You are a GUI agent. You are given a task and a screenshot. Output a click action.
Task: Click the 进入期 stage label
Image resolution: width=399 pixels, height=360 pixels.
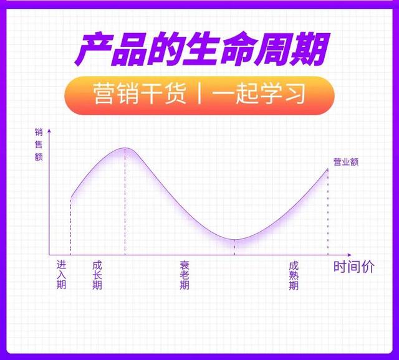click(61, 275)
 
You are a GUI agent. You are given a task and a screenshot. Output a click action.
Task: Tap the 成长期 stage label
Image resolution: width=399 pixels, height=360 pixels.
click(97, 275)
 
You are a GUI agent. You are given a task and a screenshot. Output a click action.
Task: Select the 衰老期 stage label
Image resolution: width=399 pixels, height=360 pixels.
click(185, 275)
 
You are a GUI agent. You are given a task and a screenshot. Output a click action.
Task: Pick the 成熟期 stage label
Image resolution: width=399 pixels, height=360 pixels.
click(294, 276)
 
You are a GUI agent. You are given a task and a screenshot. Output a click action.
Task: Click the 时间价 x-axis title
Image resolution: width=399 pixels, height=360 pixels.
click(354, 267)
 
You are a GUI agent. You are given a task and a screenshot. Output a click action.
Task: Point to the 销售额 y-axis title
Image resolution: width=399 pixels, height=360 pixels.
click(39, 144)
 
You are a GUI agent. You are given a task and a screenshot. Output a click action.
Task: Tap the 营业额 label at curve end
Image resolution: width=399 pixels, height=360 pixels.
click(346, 162)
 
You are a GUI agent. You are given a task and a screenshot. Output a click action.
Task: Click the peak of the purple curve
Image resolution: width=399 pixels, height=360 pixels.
click(125, 148)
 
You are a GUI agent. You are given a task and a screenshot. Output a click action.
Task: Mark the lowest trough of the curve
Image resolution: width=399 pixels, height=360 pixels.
click(234, 240)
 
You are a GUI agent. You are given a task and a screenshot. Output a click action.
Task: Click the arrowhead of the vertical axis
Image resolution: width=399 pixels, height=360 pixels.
click(49, 131)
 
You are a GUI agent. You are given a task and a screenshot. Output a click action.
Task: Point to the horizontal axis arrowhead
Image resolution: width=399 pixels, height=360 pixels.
click(349, 255)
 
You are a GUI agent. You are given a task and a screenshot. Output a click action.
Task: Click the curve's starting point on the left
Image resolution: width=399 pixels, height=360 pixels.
click(70, 197)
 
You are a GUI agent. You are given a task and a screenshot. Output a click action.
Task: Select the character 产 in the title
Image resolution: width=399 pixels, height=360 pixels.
click(94, 49)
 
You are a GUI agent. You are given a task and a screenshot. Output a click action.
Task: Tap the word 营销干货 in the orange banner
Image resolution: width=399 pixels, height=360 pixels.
click(140, 94)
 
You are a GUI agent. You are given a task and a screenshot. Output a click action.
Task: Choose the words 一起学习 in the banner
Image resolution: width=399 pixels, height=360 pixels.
click(259, 94)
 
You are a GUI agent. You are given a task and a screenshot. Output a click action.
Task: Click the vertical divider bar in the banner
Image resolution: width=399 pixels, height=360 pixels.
click(199, 94)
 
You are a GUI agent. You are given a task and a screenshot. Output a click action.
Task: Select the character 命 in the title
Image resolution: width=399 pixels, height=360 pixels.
click(237, 49)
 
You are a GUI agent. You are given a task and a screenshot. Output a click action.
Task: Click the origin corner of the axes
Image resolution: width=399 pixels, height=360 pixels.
click(49, 255)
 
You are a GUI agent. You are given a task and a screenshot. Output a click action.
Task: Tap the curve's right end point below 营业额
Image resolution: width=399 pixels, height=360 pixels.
click(328, 169)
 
